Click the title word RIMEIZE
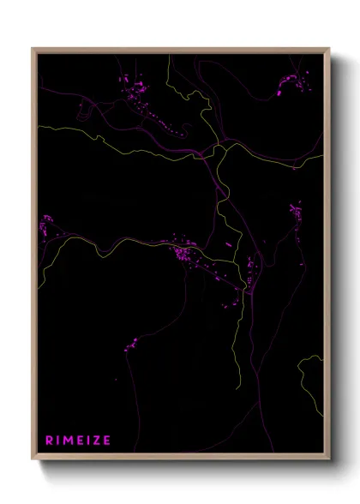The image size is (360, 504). coord(78,441)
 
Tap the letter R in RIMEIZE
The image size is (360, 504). coord(49,441)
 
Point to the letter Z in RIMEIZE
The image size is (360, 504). coord(95,441)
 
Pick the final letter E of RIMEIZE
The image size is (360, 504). coord(106,441)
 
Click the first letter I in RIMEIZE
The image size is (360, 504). coord(57,441)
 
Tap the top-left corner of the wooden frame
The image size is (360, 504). coord(33,49)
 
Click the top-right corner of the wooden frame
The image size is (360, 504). coord(330,49)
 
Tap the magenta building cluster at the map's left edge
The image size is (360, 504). coord(45,226)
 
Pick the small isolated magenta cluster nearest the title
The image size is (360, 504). coord(131,345)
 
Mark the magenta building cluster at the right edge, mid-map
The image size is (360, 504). coord(296,214)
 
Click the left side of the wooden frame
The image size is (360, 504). coord(34,257)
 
